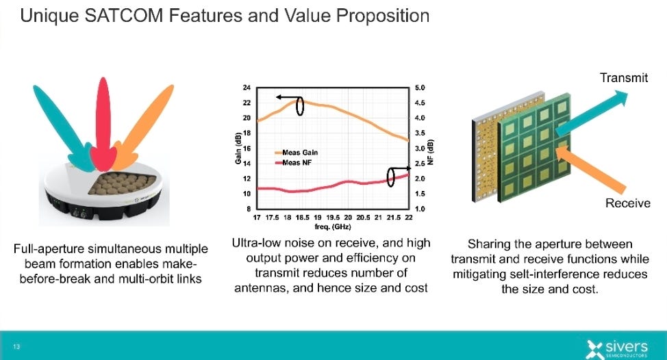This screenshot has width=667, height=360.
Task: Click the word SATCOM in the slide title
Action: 124,16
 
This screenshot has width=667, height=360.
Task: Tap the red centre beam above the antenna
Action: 103,123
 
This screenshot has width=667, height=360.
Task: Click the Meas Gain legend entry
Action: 297,153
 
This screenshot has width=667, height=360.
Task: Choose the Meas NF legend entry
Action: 294,163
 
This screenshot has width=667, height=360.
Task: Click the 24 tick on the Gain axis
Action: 247,88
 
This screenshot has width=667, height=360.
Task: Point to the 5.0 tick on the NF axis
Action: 420,88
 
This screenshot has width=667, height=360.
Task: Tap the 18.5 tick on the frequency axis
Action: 303,217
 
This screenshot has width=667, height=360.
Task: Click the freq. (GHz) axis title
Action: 333,227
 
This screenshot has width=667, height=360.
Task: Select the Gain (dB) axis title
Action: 238,149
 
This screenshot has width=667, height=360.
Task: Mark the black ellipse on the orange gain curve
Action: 300,106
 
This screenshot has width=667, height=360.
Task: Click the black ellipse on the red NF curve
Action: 390,177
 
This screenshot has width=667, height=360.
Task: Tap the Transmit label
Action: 624,78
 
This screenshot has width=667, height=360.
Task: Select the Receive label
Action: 628,203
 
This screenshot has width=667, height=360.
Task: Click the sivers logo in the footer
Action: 617,348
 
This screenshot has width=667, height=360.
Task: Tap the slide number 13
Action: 16,347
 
